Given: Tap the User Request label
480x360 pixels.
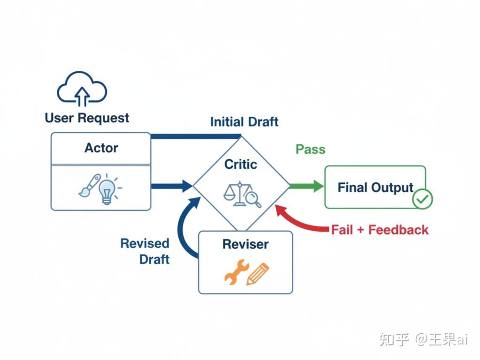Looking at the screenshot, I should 87,118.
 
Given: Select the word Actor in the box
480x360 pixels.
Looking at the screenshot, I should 101,148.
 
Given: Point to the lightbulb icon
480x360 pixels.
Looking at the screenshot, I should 107,190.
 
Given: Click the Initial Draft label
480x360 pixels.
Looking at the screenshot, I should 244,122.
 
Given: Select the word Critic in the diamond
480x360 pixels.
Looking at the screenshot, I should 241,164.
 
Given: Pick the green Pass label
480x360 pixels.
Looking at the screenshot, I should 310,150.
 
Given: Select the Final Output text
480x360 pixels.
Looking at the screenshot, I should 375,188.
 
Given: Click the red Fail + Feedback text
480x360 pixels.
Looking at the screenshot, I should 380,230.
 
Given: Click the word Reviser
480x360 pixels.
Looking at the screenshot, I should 245,244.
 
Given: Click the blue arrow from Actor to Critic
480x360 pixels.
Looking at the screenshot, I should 171,186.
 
